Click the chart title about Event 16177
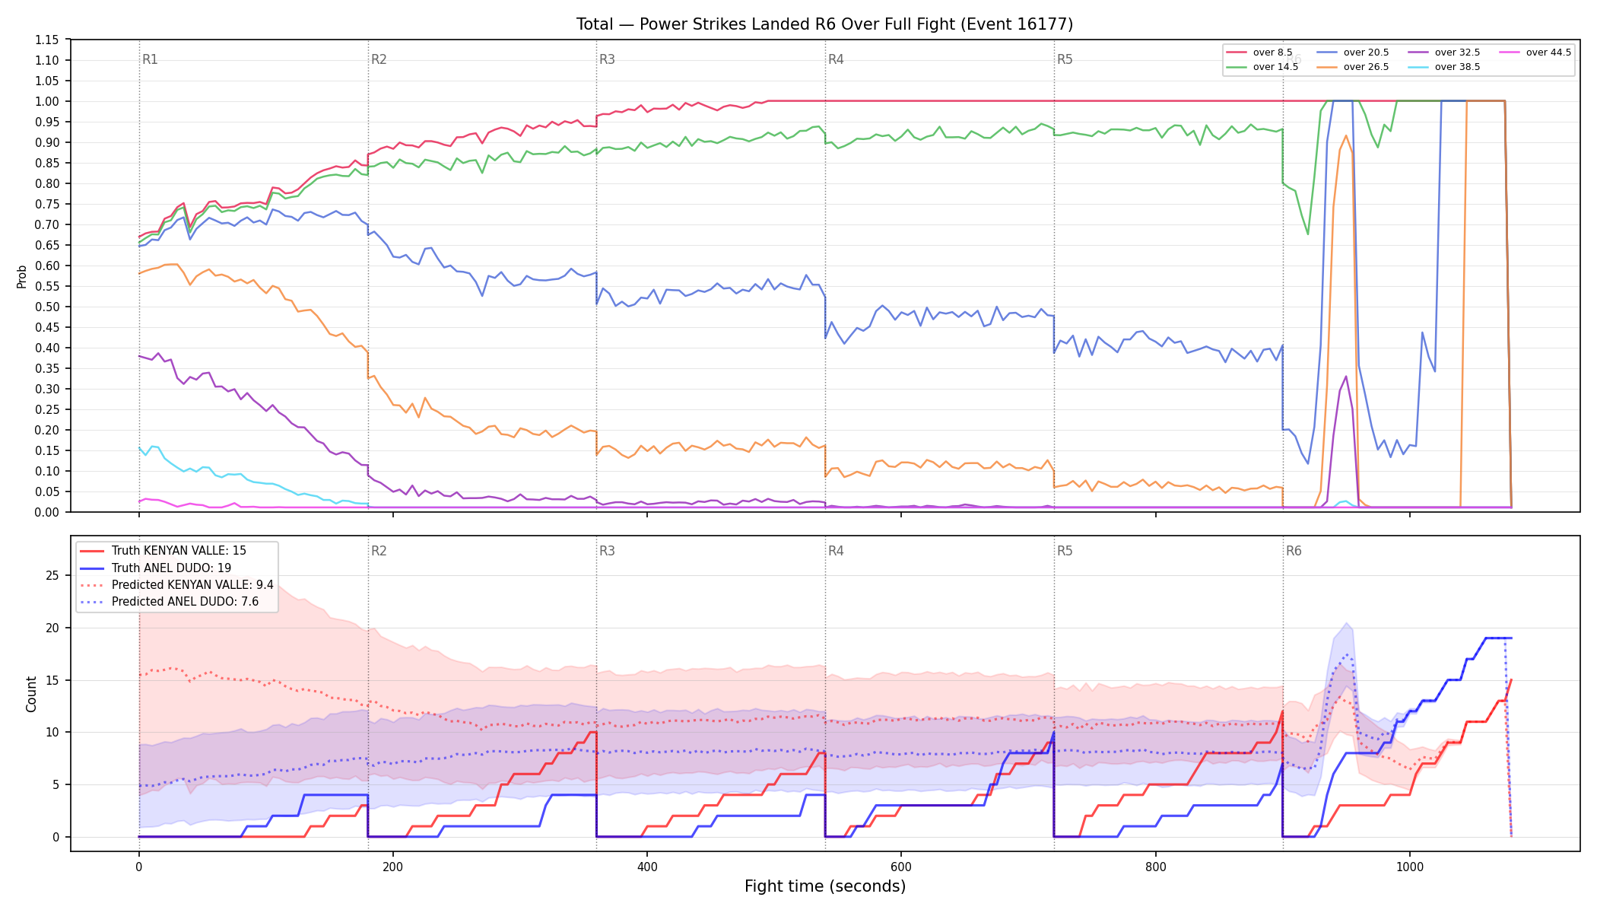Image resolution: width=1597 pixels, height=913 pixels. [824, 24]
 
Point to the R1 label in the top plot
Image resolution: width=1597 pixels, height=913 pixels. [150, 59]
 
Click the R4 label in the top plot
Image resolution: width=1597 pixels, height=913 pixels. [836, 59]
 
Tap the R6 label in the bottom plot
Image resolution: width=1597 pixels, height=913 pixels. [1294, 551]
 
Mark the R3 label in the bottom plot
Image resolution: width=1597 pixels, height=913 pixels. [607, 551]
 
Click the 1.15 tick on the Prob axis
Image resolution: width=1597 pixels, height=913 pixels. [46, 40]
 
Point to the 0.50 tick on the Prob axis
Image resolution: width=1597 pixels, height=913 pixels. [46, 307]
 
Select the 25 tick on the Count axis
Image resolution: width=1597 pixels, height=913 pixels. [52, 575]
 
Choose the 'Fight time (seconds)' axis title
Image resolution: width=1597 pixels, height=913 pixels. [825, 886]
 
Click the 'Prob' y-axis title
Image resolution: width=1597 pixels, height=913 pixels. [22, 276]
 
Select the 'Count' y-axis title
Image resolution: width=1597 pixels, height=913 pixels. [31, 694]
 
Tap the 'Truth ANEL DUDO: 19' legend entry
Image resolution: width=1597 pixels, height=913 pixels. [171, 568]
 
